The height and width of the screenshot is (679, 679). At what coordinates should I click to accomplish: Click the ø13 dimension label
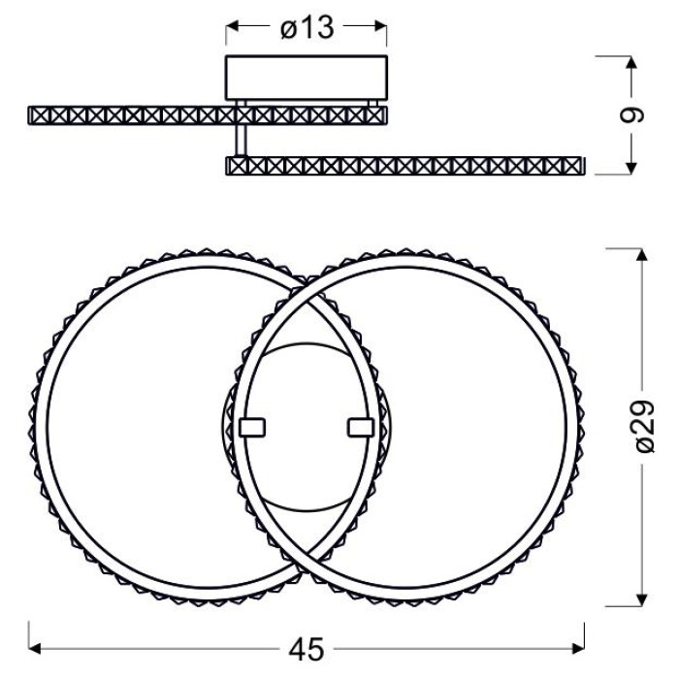point(307,28)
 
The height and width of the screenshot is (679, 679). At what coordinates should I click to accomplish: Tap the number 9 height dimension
point(631,115)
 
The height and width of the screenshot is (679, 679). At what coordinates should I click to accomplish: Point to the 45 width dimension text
point(307,649)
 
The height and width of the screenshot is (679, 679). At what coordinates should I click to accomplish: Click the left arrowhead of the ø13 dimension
point(232,26)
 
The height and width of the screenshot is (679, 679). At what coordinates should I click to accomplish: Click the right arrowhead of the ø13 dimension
point(380,26)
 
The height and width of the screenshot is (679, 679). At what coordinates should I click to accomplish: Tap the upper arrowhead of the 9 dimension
point(631,62)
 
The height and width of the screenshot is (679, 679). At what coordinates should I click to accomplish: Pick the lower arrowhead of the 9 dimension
point(631,168)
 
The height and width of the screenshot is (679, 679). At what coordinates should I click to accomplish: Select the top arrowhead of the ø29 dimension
point(642,254)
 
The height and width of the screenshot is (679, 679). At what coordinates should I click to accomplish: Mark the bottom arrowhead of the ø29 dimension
point(642,599)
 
